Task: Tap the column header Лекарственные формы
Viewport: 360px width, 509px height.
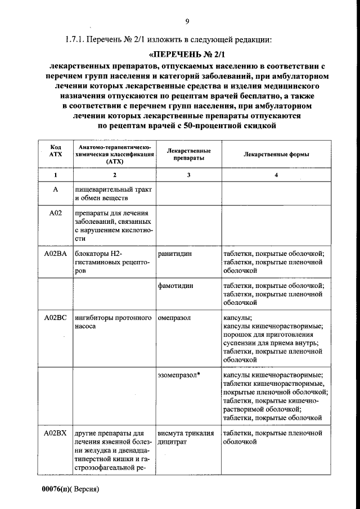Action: click(276, 155)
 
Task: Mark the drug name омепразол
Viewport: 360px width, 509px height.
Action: click(174, 318)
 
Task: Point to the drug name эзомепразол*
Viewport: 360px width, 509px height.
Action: click(179, 375)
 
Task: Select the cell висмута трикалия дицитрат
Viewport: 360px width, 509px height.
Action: click(186, 438)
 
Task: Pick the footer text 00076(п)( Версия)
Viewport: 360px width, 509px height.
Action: click(70, 489)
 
